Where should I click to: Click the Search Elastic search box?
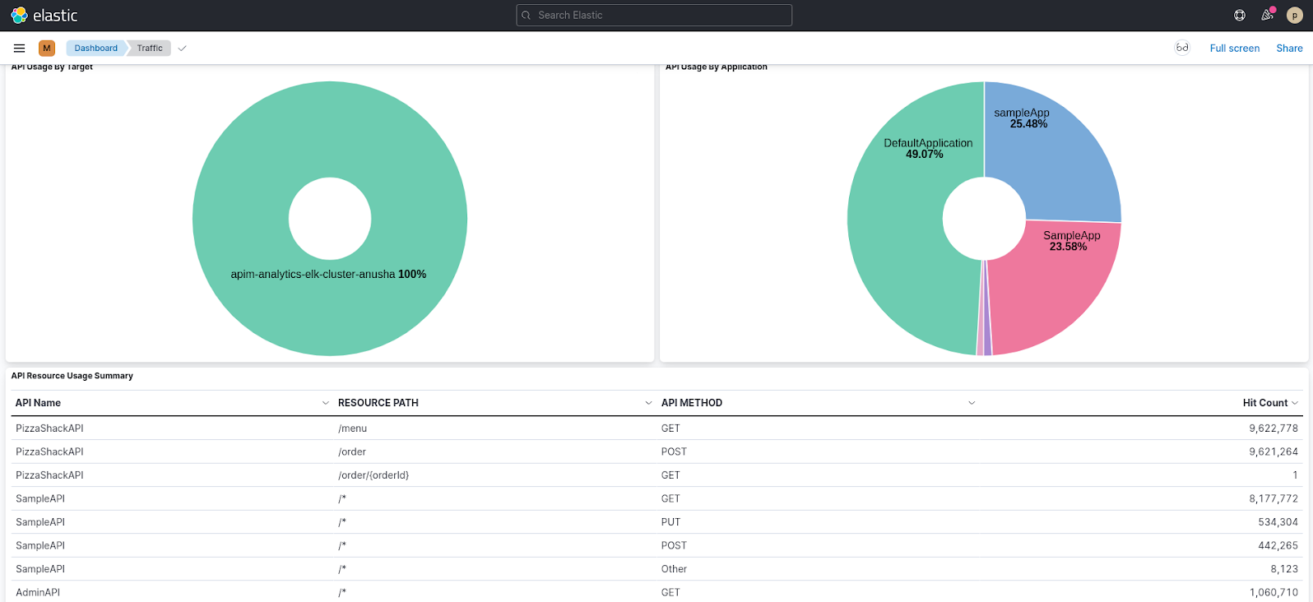tap(653, 15)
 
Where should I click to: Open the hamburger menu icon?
tap(20, 48)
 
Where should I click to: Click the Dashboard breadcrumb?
tap(95, 48)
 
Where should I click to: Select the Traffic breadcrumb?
tap(150, 48)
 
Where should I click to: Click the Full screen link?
tap(1234, 49)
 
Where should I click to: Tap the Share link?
tap(1289, 49)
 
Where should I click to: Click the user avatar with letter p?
tap(1294, 15)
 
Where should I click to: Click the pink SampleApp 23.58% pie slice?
tap(1061, 280)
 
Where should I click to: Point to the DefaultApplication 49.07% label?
tap(928, 148)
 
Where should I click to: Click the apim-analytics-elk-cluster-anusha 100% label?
tap(328, 274)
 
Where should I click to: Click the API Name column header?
tap(38, 403)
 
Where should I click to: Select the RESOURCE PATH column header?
tap(378, 403)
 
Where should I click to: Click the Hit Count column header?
tap(1264, 403)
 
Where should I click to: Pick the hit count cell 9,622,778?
tap(1273, 428)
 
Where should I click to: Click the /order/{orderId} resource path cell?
tap(373, 475)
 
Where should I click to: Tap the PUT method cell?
tap(670, 522)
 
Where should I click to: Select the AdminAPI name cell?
tap(38, 592)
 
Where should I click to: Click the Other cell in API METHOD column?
tap(674, 569)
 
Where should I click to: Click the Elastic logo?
tap(44, 15)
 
